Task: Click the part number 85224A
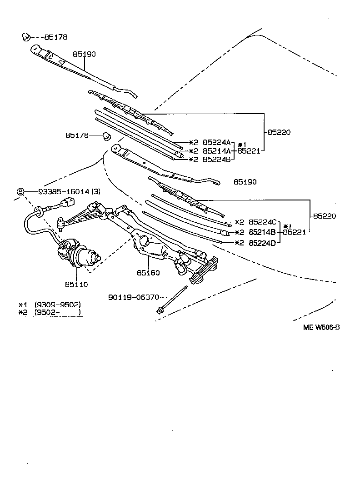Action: pos(217,142)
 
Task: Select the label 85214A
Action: pos(217,150)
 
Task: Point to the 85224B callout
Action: pos(217,159)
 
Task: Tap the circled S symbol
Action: pos(20,191)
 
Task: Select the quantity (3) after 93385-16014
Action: pos(95,191)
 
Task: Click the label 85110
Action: pos(76,285)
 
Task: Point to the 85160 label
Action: pos(148,273)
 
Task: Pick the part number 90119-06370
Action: pos(133,297)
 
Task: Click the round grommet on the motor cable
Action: pos(39,210)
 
